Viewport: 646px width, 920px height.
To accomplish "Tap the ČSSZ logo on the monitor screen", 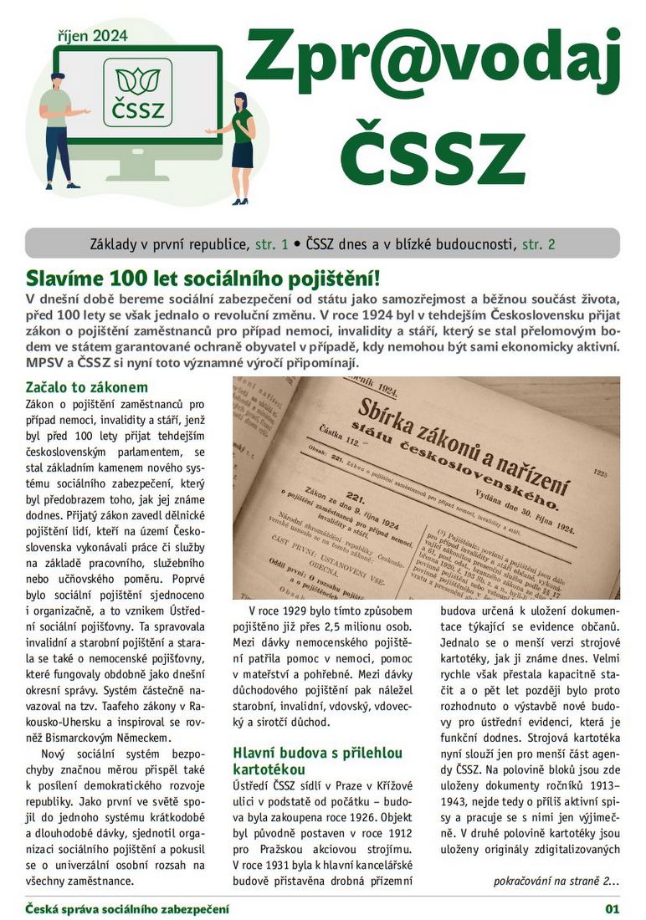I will pos(138,91).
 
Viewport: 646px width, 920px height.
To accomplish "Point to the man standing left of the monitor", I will pos(59,130).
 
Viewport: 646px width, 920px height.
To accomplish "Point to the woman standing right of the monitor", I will pos(241,146).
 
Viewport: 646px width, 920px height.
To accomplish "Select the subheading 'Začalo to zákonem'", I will pos(87,387).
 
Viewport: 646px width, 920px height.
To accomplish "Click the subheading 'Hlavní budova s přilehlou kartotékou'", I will pos(319,760).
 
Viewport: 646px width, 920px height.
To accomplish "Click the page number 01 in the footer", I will pos(612,908).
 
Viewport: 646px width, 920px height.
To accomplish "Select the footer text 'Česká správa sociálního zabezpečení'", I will pos(126,908).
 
